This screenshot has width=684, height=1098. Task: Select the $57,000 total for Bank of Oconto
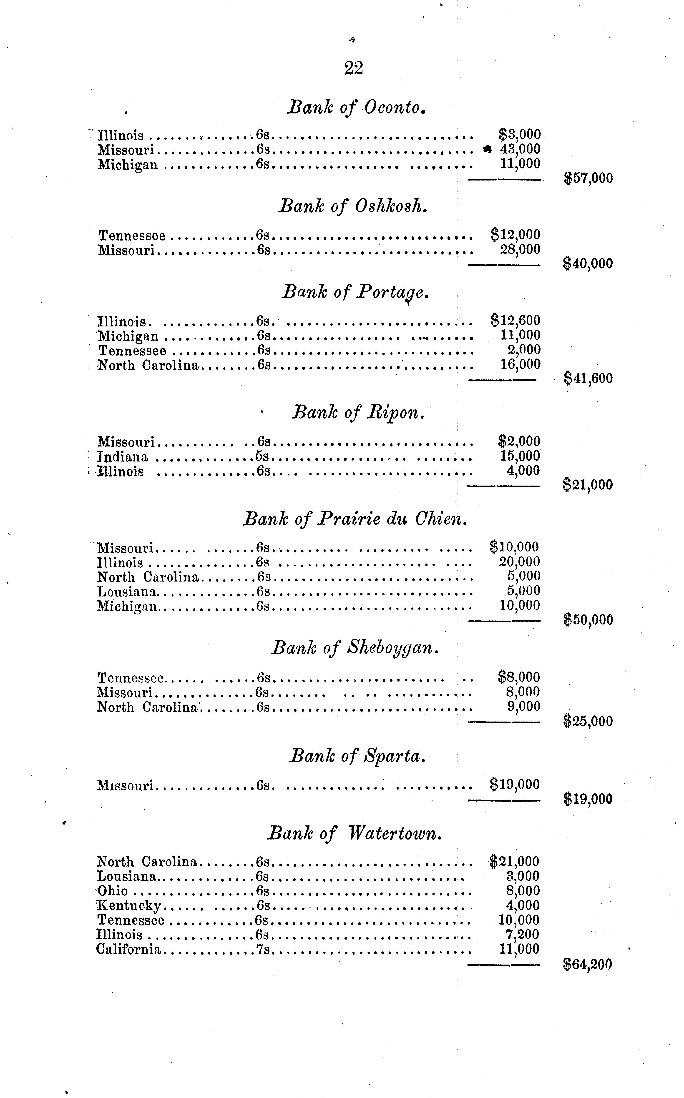point(588,178)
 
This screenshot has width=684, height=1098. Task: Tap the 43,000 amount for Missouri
point(520,149)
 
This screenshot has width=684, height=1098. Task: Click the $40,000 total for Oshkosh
point(588,264)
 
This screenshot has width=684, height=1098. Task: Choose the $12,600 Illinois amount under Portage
point(516,321)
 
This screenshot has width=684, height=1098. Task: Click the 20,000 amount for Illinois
point(519,562)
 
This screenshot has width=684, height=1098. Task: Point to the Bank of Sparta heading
point(357,756)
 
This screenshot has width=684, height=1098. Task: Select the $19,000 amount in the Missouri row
point(515,785)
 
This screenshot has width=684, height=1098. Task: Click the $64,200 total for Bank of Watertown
point(588,965)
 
